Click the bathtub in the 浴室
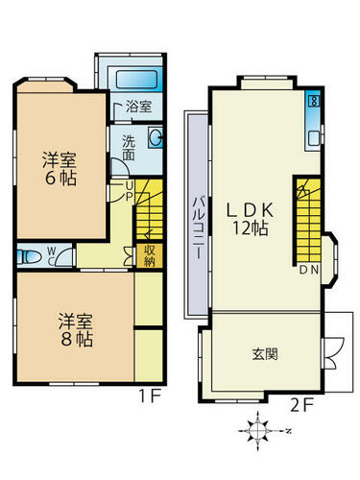137,80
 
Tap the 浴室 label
138,107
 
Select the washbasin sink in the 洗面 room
156,137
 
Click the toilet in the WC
29,256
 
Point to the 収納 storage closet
150,255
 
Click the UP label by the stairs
129,191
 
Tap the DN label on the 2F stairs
309,271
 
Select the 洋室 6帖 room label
60,169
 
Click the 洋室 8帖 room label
76,330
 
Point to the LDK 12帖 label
250,220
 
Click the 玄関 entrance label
265,354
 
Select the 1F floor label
149,396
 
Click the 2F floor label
302,406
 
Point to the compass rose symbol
258,431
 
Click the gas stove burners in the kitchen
313,101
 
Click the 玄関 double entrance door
333,353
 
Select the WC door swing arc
64,256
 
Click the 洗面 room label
129,149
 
